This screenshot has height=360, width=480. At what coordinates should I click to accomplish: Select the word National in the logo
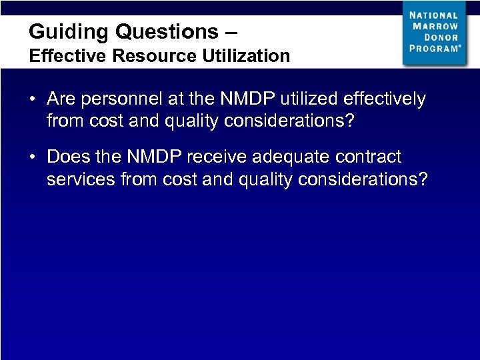coord(434,15)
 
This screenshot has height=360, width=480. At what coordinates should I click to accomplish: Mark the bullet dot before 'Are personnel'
coord(33,100)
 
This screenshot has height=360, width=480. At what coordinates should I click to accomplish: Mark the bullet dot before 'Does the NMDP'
coord(33,157)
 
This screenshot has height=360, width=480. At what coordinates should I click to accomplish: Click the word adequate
coord(291,157)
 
